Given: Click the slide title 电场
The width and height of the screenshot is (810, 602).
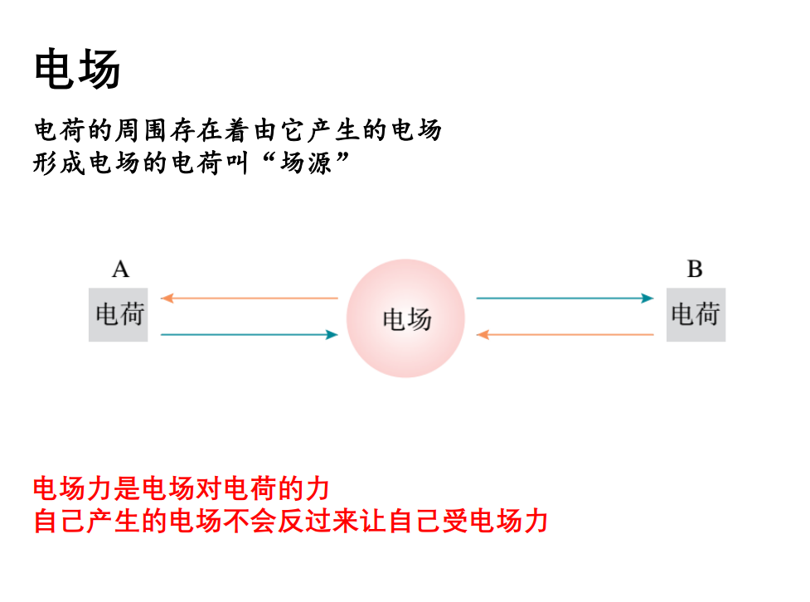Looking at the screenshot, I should (77, 70).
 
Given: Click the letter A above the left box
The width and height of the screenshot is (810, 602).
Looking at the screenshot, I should (121, 269).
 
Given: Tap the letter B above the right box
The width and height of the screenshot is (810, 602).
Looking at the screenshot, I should (695, 269).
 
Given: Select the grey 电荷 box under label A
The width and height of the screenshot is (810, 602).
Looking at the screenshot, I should (119, 315).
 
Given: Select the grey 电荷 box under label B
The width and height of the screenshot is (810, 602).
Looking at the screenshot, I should (696, 315).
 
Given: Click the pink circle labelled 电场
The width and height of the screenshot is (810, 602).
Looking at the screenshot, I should (405, 318).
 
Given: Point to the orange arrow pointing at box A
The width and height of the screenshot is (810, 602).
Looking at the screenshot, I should (249, 298).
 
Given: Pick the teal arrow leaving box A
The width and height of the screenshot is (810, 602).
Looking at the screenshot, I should (249, 335).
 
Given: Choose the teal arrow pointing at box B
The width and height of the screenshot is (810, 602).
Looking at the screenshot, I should (565, 298).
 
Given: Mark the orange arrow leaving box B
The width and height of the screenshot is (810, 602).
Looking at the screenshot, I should (565, 335).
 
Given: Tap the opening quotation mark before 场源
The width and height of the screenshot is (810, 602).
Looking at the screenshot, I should (268, 158).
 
